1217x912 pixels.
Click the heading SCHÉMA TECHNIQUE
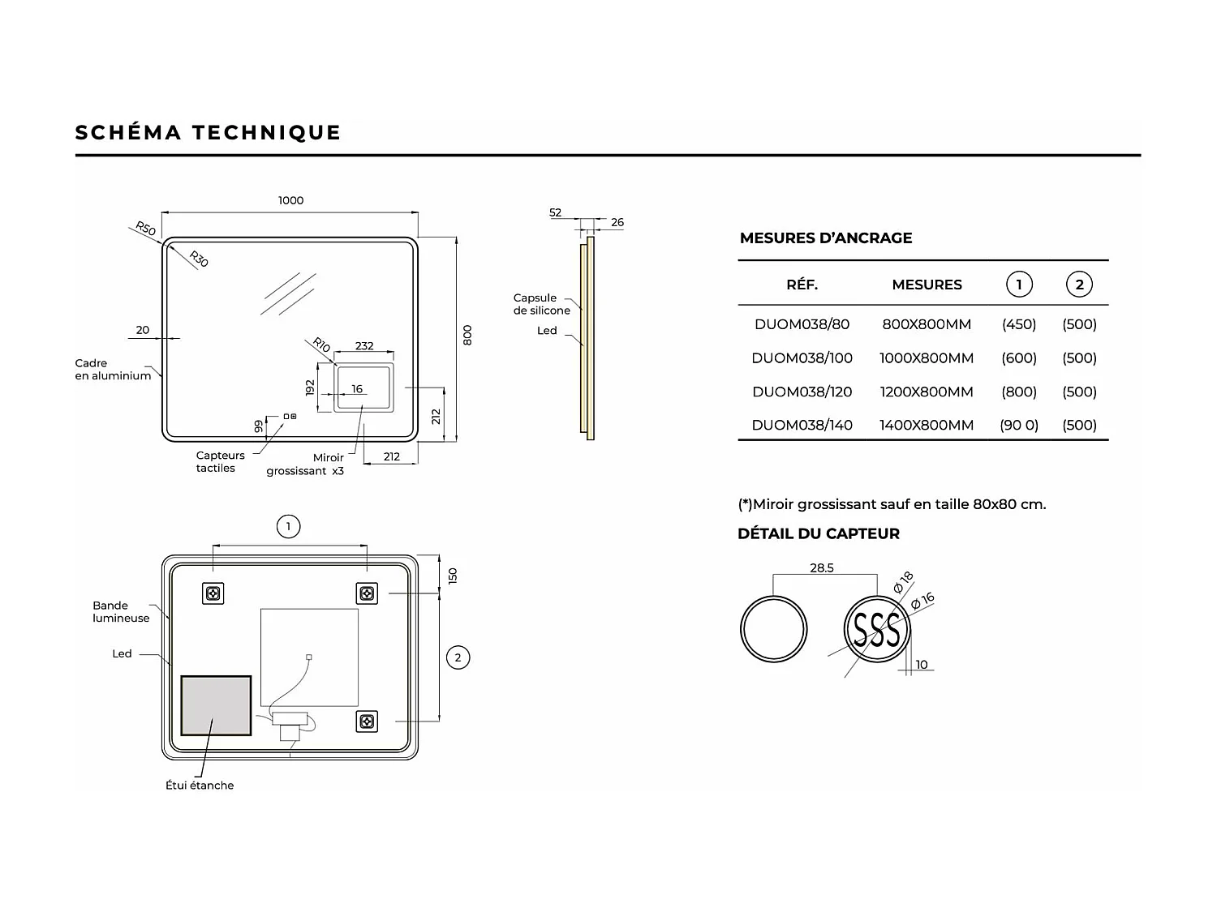click(x=208, y=132)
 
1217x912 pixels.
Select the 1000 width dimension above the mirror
click(x=290, y=200)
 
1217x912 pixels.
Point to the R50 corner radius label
click(x=145, y=229)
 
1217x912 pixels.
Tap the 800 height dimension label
click(x=467, y=335)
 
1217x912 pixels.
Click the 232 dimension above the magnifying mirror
click(x=364, y=345)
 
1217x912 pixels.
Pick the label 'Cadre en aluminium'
click(x=113, y=370)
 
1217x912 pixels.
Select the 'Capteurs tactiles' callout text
click(x=220, y=461)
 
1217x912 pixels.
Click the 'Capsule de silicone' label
click(x=541, y=304)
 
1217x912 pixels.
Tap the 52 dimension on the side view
click(x=555, y=212)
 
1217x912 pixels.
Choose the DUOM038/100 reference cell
click(x=802, y=358)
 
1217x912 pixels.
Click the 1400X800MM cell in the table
click(x=926, y=425)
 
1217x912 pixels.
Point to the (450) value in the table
click(x=1018, y=324)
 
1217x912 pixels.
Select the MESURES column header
click(x=927, y=285)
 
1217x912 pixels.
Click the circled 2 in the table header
click(x=1079, y=285)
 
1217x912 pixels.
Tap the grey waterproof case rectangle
click(x=216, y=705)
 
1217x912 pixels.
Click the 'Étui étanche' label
click(x=200, y=785)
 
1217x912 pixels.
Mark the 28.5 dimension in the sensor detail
click(x=821, y=567)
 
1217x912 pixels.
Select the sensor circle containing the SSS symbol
click(x=877, y=630)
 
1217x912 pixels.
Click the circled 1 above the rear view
click(x=288, y=527)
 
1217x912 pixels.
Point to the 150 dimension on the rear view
click(x=453, y=576)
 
